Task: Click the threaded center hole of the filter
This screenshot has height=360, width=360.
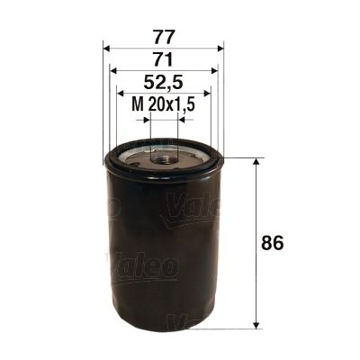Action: coord(163,157)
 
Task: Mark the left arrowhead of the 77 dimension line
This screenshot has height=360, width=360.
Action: coord(108,47)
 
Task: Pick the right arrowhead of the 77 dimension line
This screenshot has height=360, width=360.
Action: coord(218,47)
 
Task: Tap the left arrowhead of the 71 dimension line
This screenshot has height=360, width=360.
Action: coord(113,70)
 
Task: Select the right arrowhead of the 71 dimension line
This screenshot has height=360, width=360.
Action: coord(213,70)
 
